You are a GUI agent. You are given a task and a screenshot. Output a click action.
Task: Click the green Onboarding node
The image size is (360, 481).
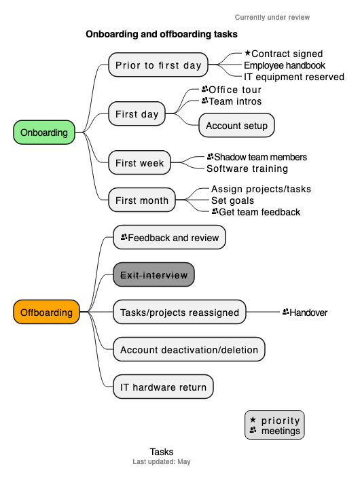click(44, 132)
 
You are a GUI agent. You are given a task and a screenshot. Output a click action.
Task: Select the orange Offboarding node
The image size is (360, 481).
click(46, 313)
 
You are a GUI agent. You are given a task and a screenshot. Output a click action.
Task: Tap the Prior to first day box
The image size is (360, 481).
click(158, 65)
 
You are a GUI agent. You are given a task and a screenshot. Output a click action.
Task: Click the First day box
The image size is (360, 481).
click(137, 114)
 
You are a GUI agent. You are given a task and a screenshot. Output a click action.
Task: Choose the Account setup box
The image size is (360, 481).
click(236, 126)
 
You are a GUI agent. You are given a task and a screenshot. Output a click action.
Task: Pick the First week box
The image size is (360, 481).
click(139, 163)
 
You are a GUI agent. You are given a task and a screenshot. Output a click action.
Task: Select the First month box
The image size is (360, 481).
click(141, 200)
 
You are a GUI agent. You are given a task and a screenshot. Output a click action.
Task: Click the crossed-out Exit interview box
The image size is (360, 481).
click(154, 275)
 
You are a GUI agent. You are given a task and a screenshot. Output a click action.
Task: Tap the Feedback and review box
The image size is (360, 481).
click(169, 238)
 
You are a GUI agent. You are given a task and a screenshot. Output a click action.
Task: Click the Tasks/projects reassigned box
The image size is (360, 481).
click(179, 313)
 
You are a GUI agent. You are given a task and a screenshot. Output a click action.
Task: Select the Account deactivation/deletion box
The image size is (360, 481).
click(189, 350)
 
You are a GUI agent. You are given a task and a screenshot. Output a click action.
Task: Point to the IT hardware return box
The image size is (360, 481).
click(163, 387)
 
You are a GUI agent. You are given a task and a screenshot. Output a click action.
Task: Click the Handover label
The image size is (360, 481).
click(305, 313)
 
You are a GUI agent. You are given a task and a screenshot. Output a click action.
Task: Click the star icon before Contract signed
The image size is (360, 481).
click(247, 53)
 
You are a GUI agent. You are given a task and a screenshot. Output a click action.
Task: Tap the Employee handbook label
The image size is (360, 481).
click(285, 65)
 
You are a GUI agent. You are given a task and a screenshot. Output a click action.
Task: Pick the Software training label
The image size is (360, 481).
click(247, 168)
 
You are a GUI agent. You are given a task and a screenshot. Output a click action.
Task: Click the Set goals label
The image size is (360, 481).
click(232, 200)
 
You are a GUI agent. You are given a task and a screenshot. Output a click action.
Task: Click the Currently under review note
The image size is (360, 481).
click(272, 17)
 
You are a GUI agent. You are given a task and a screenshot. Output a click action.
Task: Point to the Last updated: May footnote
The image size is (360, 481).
click(162, 462)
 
